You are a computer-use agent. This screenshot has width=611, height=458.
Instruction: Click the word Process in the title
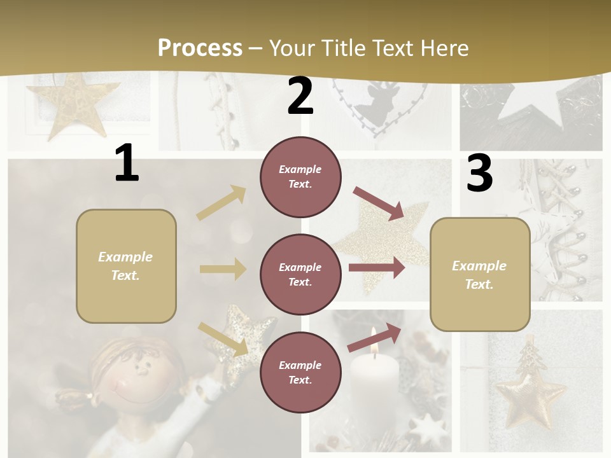pos(200,48)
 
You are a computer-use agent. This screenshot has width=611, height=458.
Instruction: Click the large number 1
pos(127,163)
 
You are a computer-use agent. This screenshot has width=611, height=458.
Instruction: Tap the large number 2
pos(300,97)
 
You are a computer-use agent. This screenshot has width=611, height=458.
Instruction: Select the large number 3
pos(479,174)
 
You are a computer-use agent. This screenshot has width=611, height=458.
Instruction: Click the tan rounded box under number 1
pos(126,266)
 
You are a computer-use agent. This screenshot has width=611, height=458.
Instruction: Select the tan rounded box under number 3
pos(480,274)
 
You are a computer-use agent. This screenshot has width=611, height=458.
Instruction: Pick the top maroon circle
pos(300,177)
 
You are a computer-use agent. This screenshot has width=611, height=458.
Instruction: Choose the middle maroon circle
pos(300,274)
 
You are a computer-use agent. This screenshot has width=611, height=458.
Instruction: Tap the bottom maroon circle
pos(300,372)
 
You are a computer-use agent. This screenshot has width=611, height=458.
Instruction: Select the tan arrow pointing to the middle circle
pos(222,269)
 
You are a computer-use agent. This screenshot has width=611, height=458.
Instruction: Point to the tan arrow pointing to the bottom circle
pos(223,339)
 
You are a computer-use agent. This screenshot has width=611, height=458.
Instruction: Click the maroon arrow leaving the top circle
pos(379,203)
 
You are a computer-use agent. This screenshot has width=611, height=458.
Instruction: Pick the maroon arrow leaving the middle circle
pos(376,267)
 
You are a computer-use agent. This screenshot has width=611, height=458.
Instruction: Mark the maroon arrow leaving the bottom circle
pos(375,337)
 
